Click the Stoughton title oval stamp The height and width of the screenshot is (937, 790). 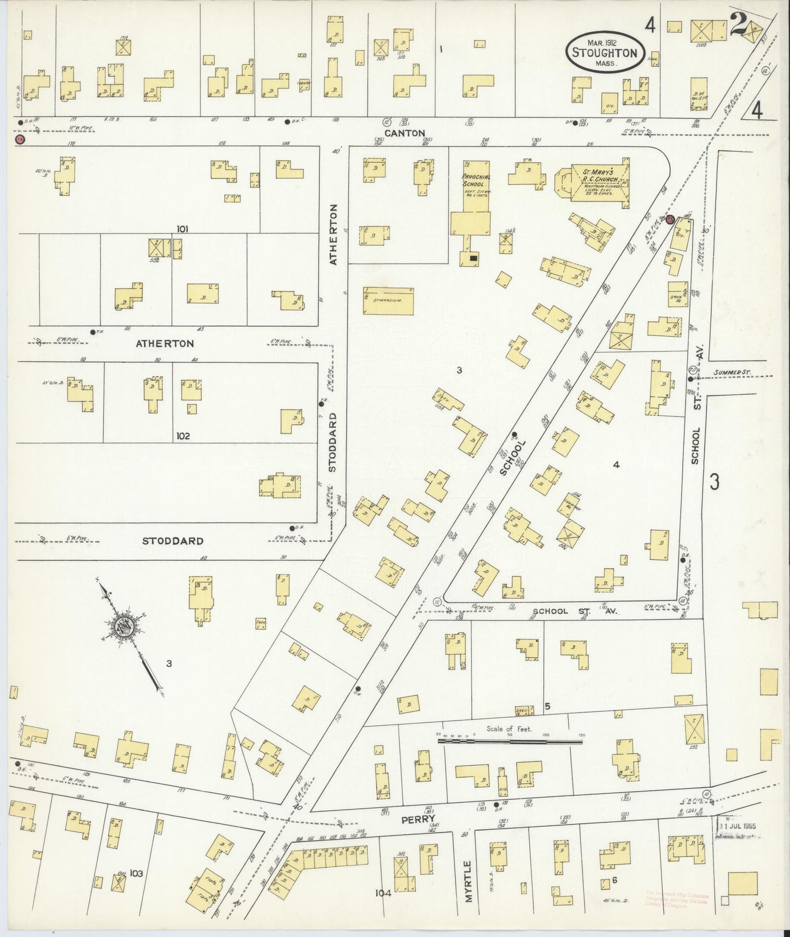point(604,52)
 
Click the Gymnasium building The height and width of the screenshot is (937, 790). point(388,301)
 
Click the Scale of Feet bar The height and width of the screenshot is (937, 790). point(510,742)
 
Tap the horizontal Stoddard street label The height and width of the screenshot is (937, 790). point(173,541)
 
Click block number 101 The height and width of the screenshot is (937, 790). point(182,229)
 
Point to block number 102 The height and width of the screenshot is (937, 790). point(183,436)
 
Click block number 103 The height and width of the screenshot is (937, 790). point(136,873)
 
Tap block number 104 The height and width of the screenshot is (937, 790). point(383,893)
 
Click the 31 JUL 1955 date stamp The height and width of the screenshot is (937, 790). point(738,826)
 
